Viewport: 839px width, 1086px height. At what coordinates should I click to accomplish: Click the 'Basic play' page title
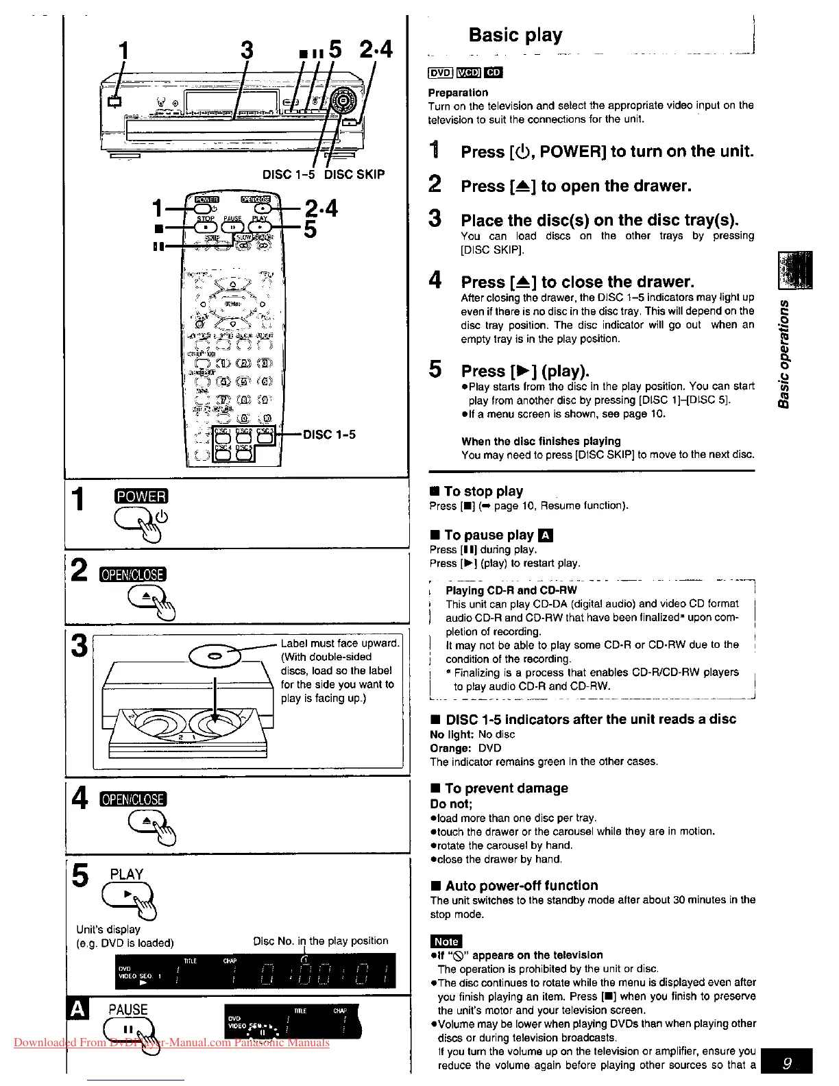(x=515, y=35)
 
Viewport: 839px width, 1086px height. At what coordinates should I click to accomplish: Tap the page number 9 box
(x=787, y=1063)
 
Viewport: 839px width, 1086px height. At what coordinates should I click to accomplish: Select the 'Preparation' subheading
(x=458, y=93)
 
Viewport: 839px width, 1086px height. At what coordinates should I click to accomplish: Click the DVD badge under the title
(x=440, y=73)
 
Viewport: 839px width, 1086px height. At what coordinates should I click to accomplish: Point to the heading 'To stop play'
(x=483, y=491)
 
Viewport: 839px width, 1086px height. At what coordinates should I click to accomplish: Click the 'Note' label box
(x=446, y=941)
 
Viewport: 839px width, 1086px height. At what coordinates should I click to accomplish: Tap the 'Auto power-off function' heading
(x=522, y=885)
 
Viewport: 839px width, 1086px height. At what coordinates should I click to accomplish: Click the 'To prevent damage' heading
(x=506, y=788)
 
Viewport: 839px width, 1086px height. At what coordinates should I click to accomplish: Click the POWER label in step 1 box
(x=141, y=496)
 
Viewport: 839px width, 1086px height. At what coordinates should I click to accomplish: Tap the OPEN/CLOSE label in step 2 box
(x=133, y=575)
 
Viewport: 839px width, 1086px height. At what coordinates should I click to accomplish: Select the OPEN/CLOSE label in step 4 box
(x=133, y=799)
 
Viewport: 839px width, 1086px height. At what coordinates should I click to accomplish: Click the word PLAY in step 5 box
(x=127, y=874)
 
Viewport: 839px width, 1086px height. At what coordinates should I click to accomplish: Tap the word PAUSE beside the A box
(x=128, y=1009)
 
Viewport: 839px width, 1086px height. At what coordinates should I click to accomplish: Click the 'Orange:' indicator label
(x=449, y=748)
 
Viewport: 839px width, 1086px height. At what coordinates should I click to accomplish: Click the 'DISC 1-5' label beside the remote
(x=330, y=435)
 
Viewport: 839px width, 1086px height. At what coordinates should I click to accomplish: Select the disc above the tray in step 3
(x=213, y=655)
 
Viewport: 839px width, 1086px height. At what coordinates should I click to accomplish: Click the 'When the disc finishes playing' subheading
(x=541, y=441)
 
